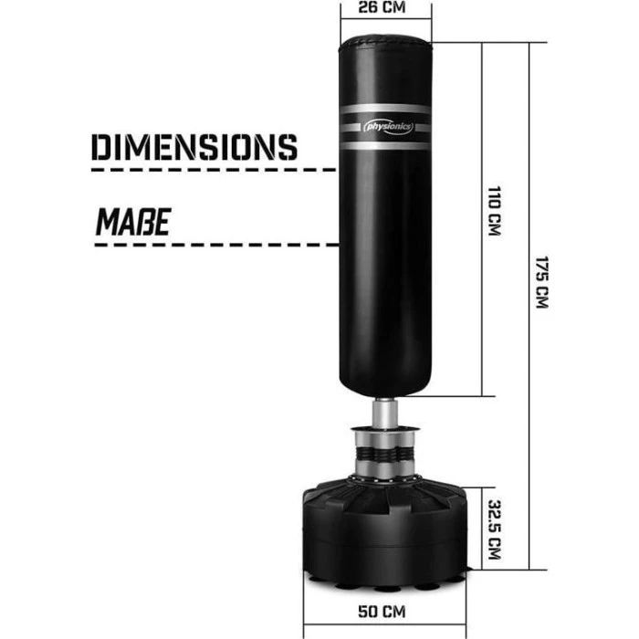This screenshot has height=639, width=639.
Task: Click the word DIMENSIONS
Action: coord(195,146)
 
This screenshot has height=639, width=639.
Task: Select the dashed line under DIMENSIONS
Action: coord(210,170)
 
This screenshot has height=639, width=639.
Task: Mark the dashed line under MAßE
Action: coord(210,244)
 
